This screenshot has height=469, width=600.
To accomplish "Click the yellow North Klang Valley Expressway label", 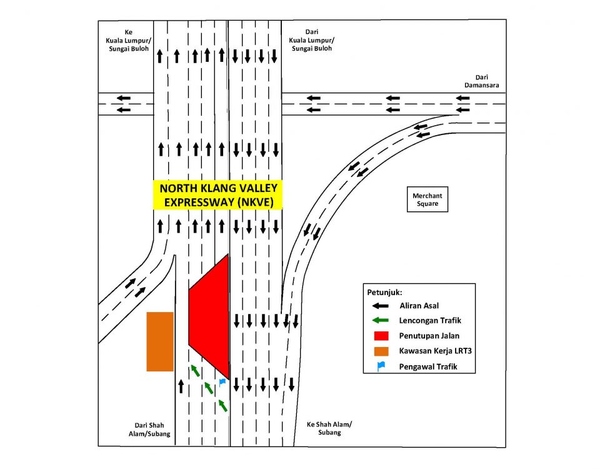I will click(218, 195).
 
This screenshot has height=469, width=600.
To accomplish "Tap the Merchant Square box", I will click(427, 199).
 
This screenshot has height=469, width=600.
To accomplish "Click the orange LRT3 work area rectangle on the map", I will click(159, 341).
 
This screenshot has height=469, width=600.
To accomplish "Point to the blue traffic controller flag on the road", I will click(222, 381).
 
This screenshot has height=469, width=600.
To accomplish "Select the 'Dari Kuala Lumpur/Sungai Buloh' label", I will click(310, 40).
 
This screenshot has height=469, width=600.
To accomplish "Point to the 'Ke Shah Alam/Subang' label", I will click(329, 428).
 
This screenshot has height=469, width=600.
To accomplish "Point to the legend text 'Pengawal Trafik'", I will click(427, 366).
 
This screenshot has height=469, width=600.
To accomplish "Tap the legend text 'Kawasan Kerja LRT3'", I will click(435, 351).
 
